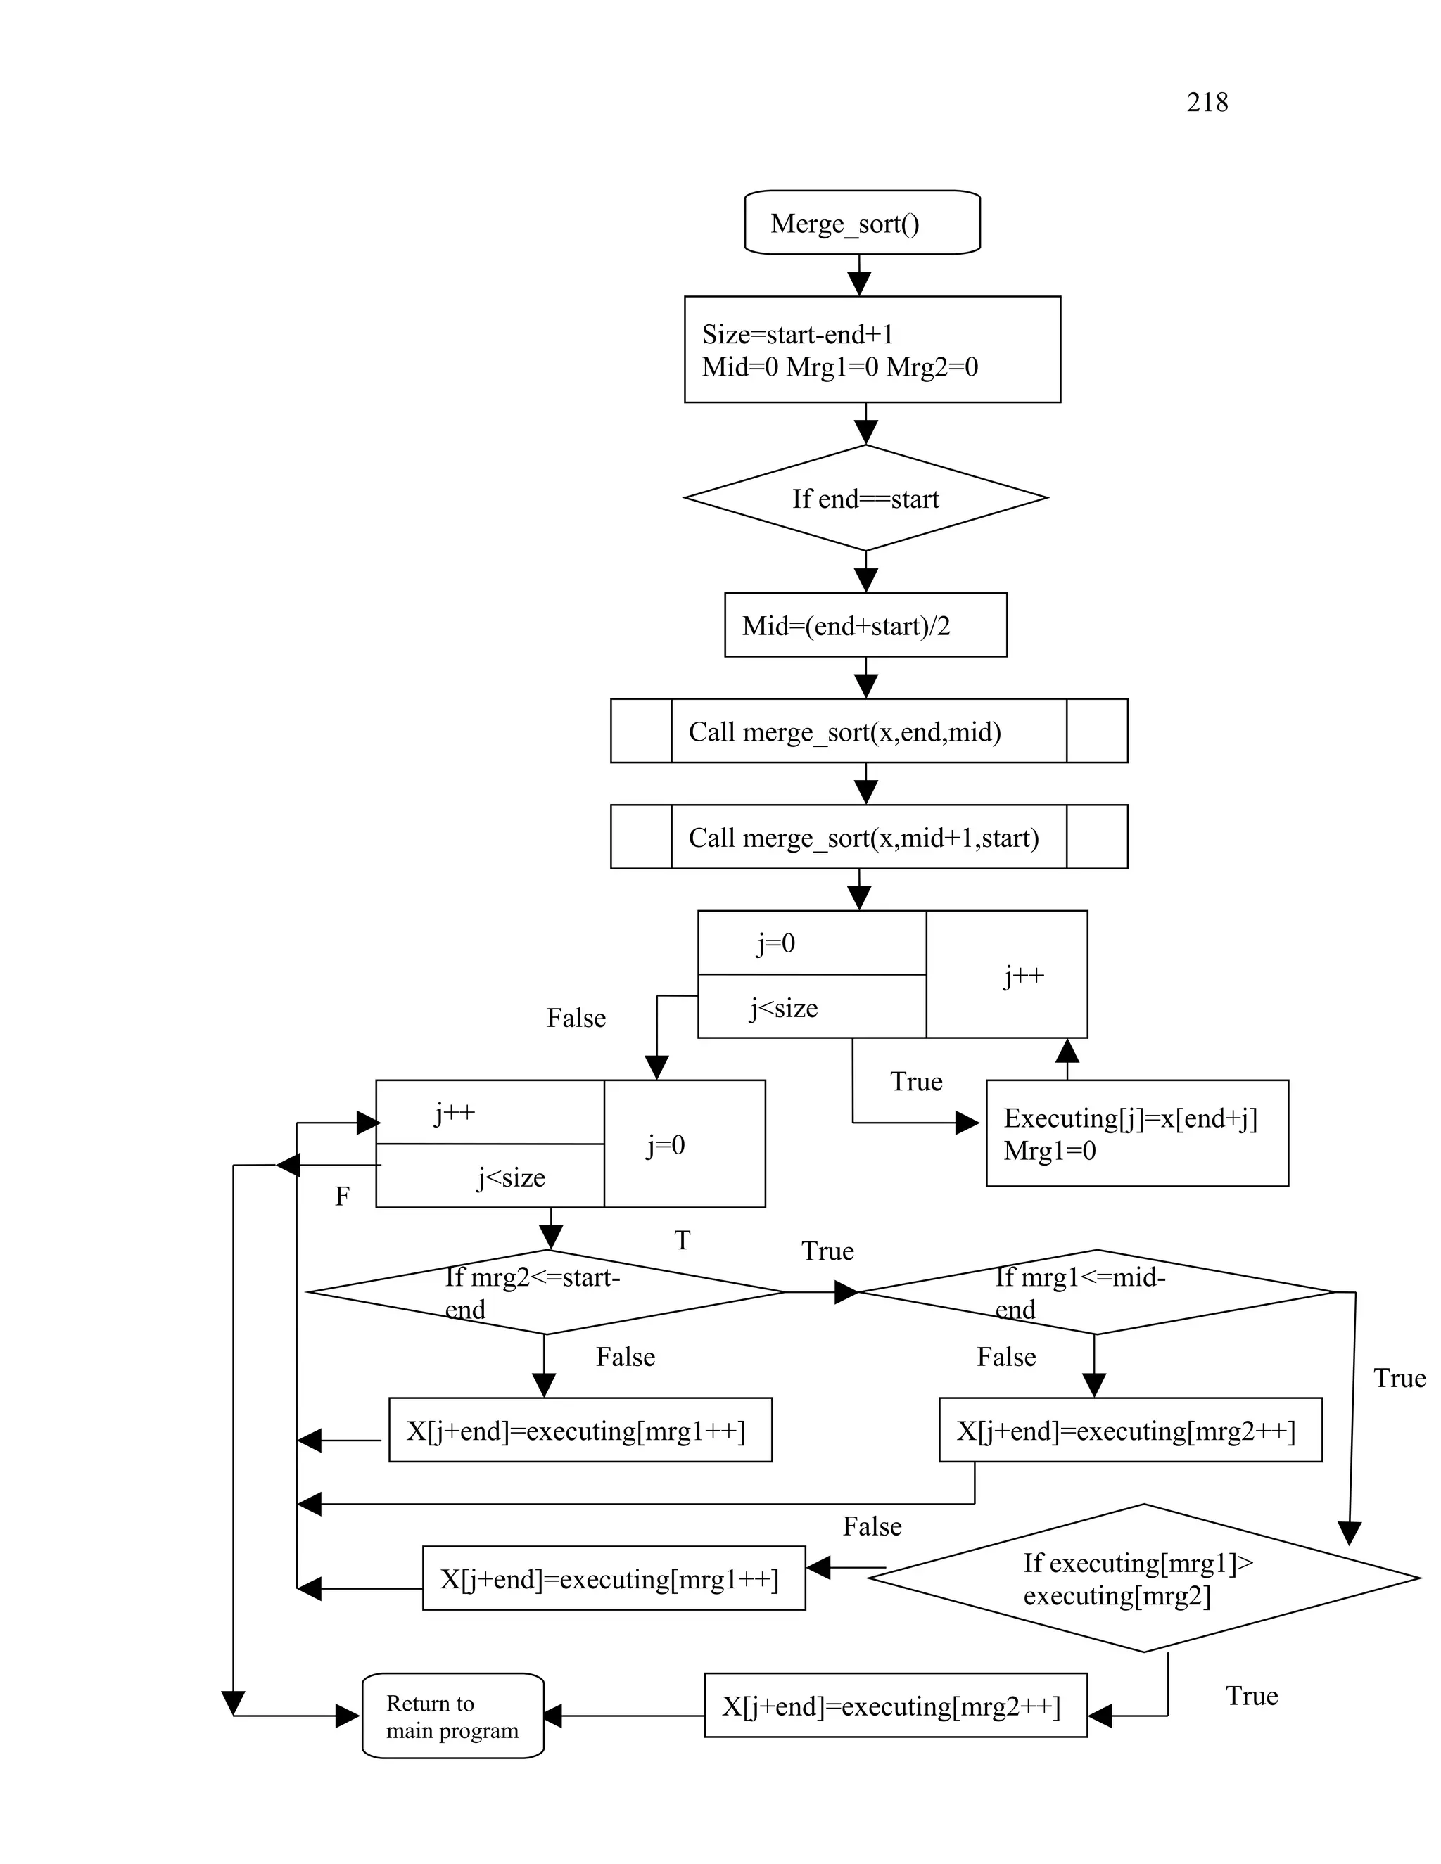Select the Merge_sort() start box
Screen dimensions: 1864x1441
pos(861,223)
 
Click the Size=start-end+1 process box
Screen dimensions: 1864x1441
pos(872,349)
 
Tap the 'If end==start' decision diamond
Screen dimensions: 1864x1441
pos(865,499)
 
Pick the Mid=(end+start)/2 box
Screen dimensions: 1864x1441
pos(865,625)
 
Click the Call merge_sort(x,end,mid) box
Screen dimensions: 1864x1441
pos(868,732)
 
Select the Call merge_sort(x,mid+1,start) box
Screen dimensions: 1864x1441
pos(868,837)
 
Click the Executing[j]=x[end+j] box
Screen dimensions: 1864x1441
pos(1136,1133)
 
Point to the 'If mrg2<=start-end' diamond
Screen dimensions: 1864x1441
pos(545,1292)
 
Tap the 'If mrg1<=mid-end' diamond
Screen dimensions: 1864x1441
pos(1096,1292)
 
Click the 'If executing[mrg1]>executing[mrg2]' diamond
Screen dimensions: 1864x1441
pos(1143,1578)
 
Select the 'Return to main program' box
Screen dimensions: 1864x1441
pos(452,1716)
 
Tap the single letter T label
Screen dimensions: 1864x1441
pos(682,1240)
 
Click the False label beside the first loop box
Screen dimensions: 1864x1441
pos(576,1019)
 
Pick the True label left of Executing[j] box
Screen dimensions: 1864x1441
pos(916,1081)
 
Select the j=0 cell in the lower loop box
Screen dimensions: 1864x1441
pos(666,1144)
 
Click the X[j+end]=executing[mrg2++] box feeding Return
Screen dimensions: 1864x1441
pos(895,1706)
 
